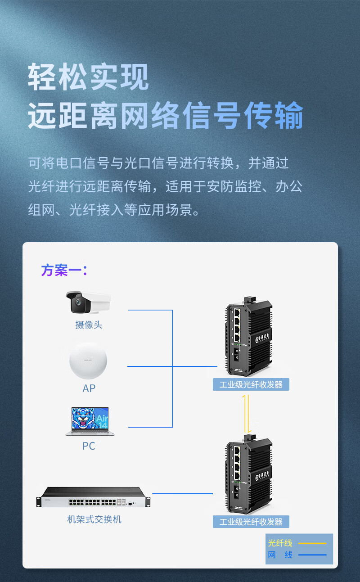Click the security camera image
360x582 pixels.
(88, 302)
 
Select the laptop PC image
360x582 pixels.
(90, 421)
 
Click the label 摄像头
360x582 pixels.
(89, 325)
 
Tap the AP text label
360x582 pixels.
(89, 388)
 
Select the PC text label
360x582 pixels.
(89, 446)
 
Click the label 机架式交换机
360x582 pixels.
(94, 519)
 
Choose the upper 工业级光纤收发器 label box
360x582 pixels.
(251, 384)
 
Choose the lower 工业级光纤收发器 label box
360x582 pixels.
(251, 522)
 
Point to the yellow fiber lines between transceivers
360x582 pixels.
(246, 413)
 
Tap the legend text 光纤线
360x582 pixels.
(280, 543)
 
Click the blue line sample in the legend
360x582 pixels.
(312, 555)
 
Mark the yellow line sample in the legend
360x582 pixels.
(312, 543)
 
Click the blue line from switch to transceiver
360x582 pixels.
(182, 494)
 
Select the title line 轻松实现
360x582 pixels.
(88, 77)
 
